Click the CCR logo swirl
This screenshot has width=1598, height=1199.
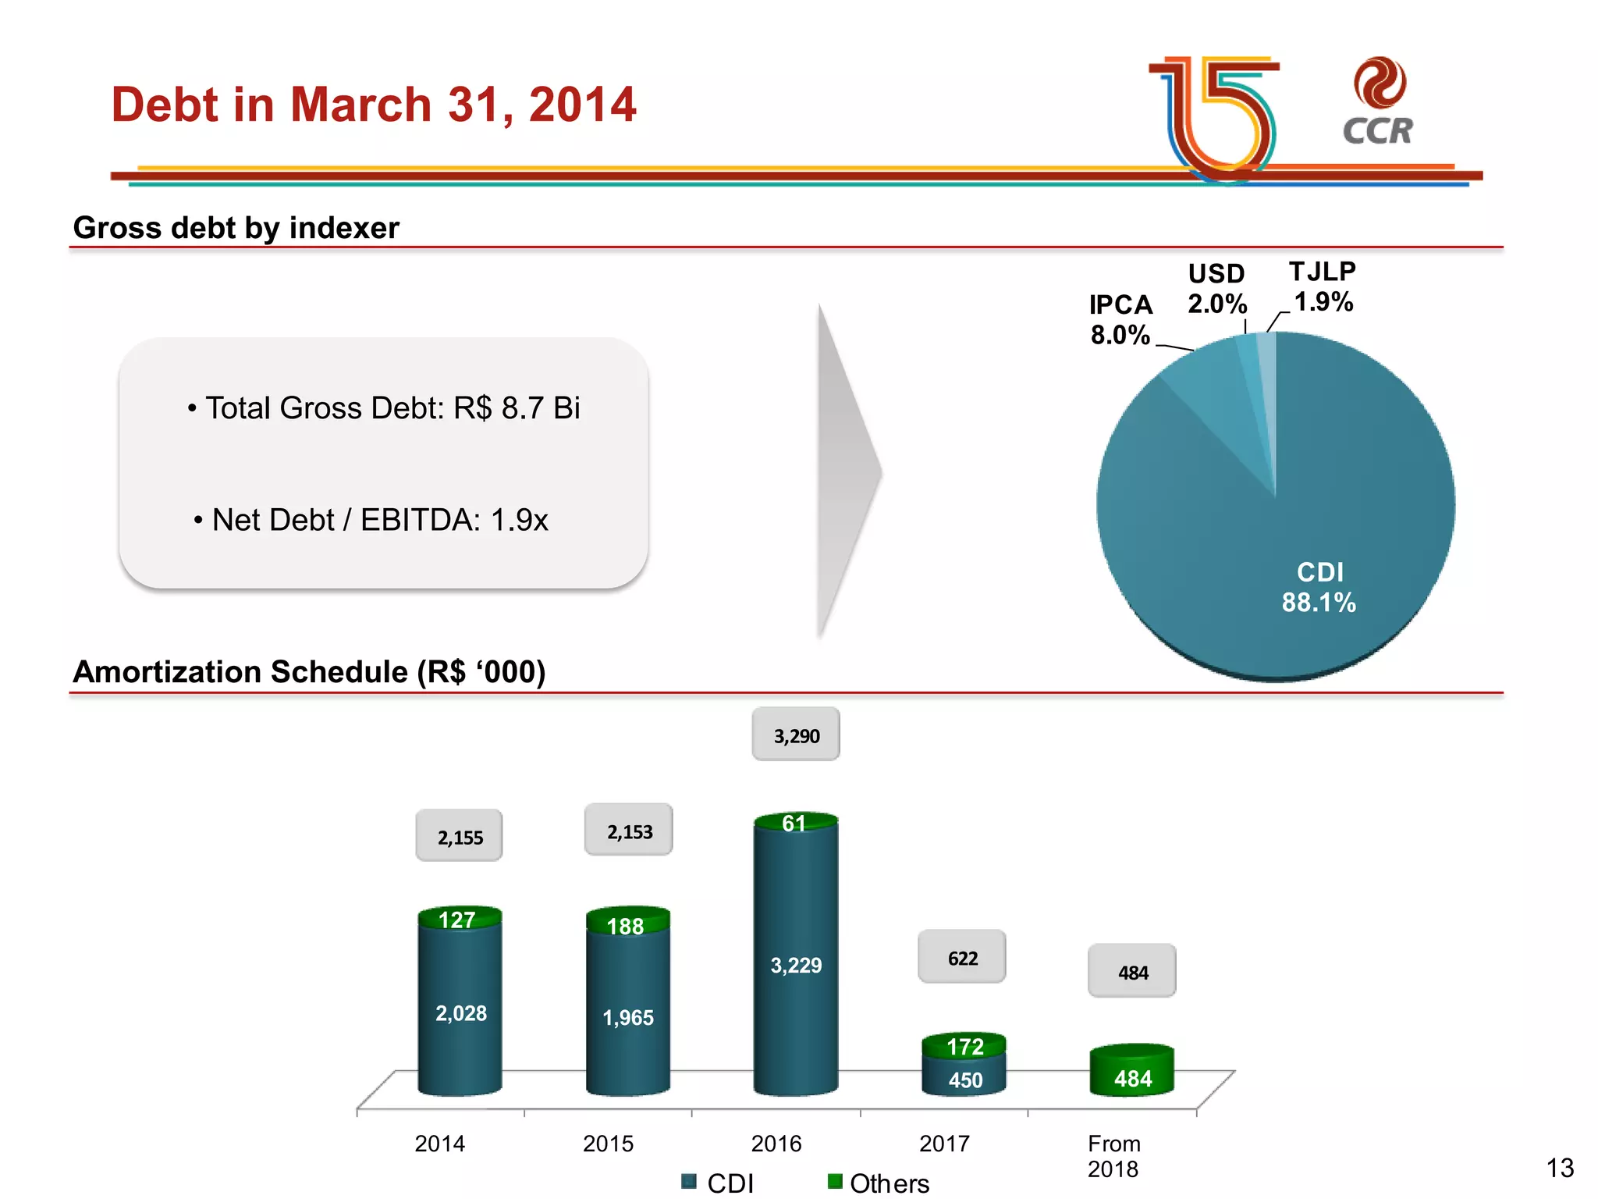pyautogui.click(x=1380, y=82)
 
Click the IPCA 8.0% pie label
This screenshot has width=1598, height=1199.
pyautogui.click(x=1120, y=320)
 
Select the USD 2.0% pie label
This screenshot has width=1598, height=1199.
pyautogui.click(x=1216, y=289)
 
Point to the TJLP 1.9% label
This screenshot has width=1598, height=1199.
pyautogui.click(x=1323, y=286)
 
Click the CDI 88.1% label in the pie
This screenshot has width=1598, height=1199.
pyautogui.click(x=1319, y=587)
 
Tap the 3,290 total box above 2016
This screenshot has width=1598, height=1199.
pyautogui.click(x=796, y=735)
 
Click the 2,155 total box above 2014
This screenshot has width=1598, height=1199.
pyautogui.click(x=460, y=837)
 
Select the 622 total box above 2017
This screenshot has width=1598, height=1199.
pyautogui.click(x=962, y=958)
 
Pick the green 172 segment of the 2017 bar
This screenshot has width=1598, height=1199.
pyautogui.click(x=964, y=1045)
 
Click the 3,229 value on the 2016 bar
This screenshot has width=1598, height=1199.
pyautogui.click(x=796, y=966)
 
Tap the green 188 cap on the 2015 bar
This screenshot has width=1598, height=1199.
pyautogui.click(x=627, y=924)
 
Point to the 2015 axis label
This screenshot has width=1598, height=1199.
pyautogui.click(x=608, y=1144)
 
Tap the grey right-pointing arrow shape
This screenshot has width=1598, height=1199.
pyautogui.click(x=847, y=471)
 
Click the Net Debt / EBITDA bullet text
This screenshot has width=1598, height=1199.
pyautogui.click(x=371, y=520)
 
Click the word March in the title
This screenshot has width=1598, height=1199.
pyautogui.click(x=360, y=105)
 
